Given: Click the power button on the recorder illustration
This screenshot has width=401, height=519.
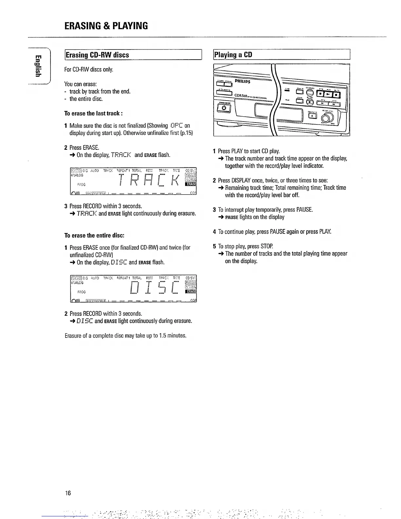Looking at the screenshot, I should tap(224, 108).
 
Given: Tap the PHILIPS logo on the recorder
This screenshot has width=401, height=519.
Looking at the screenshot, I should tap(243, 81).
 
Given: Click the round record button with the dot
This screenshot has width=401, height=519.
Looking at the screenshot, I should tap(310, 103).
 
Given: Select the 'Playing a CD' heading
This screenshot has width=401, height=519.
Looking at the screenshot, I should tap(233, 55).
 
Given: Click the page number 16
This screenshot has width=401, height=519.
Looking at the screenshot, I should tap(68, 493).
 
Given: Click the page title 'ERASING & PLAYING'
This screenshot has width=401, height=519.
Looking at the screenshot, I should tap(106, 26).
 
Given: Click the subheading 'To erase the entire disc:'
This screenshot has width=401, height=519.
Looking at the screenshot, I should tap(94, 236).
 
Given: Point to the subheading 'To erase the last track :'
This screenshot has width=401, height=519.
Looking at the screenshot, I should tap(93, 113).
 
